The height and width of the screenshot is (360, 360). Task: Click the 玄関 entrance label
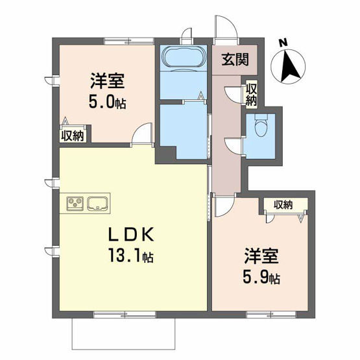pyautogui.click(x=235, y=60)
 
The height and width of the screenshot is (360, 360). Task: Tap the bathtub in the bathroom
pyautogui.click(x=183, y=57)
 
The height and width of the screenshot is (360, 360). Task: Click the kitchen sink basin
pyautogui.click(x=97, y=203)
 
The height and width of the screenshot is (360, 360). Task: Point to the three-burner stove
pyautogui.click(x=75, y=204)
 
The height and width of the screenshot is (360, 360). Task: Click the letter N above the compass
pyautogui.click(x=283, y=43)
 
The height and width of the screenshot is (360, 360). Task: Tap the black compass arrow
pyautogui.click(x=291, y=66)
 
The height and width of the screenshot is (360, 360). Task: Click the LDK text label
pyautogui.click(x=131, y=235)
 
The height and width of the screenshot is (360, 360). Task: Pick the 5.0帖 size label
pyautogui.click(x=108, y=102)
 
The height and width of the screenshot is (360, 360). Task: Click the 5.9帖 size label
pyautogui.click(x=261, y=278)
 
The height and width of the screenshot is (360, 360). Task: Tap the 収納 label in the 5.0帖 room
pyautogui.click(x=72, y=137)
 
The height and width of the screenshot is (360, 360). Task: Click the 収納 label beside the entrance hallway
pyautogui.click(x=251, y=95)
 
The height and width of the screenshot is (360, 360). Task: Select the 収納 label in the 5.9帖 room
pyautogui.click(x=283, y=204)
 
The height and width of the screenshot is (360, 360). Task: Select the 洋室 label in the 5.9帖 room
pyautogui.click(x=261, y=256)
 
